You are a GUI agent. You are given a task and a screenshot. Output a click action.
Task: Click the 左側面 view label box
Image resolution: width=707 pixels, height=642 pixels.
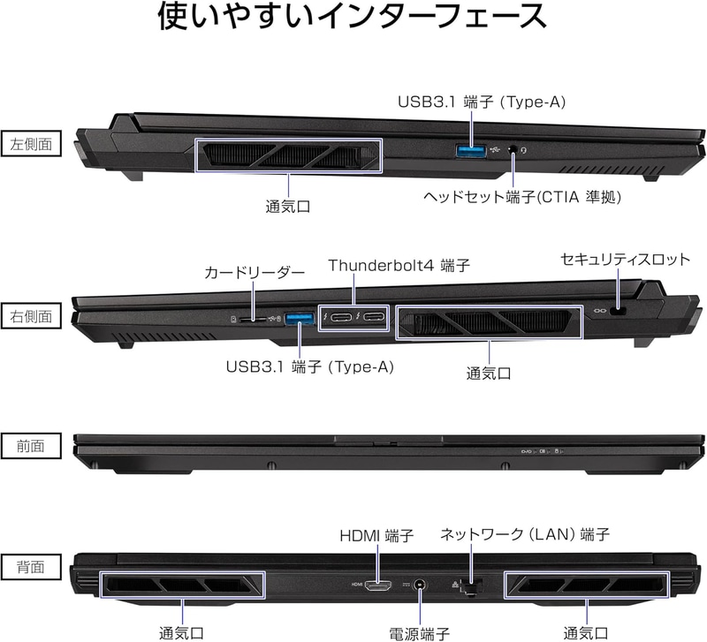[x=31, y=144]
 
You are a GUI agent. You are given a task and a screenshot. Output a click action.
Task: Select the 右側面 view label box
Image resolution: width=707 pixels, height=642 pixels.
[x=31, y=316]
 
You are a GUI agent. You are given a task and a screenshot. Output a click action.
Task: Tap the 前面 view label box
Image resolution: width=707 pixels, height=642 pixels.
[x=31, y=446]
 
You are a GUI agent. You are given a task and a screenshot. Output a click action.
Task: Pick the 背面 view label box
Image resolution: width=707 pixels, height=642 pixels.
[x=31, y=567]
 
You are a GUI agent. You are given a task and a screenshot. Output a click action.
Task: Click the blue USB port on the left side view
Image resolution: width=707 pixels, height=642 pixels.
[x=471, y=150]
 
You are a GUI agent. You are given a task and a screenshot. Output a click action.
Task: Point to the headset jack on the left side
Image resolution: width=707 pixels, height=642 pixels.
[x=513, y=149]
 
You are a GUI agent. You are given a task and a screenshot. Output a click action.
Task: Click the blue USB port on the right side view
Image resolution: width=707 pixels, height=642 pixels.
[x=299, y=319]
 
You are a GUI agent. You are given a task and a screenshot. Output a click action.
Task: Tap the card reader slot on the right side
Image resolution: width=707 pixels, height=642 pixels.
[x=253, y=319]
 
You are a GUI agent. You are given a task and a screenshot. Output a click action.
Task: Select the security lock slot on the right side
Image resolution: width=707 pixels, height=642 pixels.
[x=618, y=311]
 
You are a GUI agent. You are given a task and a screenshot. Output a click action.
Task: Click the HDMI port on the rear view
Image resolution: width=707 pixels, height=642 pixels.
[x=378, y=585]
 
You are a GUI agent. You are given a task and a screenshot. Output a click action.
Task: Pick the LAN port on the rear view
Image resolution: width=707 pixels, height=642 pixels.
[x=471, y=587]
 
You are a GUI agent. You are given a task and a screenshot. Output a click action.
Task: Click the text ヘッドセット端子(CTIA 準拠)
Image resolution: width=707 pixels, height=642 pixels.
[x=522, y=197]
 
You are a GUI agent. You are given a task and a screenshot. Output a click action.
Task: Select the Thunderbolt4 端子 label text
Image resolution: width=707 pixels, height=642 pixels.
[x=399, y=265]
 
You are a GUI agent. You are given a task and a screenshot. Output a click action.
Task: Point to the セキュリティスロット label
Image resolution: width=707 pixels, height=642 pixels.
[x=626, y=259]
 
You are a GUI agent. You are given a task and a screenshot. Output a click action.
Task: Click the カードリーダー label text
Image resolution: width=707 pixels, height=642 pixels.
[x=255, y=272]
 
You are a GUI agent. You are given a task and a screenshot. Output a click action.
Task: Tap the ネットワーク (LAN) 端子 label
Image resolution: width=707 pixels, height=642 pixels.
[x=525, y=534]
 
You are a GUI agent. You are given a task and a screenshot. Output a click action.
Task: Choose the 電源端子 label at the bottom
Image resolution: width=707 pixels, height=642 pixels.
[x=419, y=633]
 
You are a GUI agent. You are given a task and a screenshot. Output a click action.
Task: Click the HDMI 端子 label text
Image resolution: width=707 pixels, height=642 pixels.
[x=376, y=536]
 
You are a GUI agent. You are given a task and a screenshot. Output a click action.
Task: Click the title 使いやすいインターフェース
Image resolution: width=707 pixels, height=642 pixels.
[x=353, y=16]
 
